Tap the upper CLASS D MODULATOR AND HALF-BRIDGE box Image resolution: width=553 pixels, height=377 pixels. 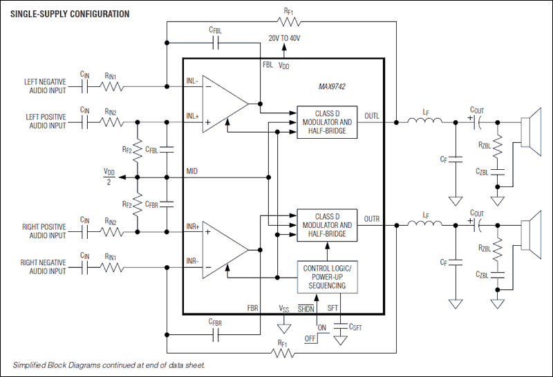pos(327,122)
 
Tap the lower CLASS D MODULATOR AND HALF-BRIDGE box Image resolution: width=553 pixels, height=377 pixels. pos(327,225)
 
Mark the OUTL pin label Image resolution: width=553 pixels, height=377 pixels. pos(372,115)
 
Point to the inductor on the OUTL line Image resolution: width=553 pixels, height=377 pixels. pos(425,122)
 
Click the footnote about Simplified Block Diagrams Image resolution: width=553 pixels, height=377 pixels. pos(109,364)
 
